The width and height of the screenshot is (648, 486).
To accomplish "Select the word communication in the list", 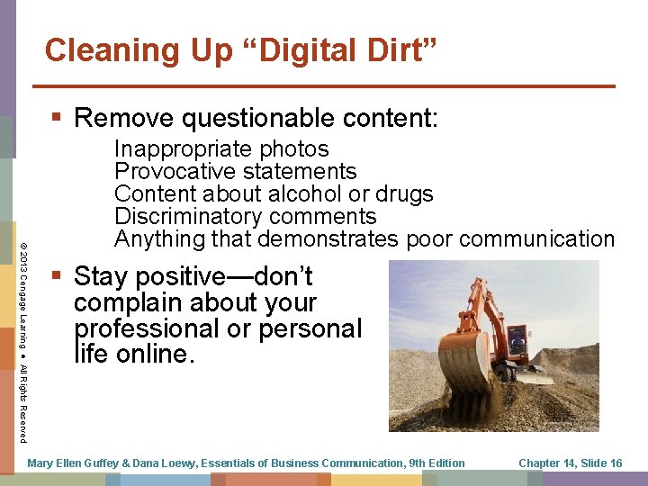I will [538, 238].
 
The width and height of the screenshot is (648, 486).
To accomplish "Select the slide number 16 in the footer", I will [615, 463].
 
